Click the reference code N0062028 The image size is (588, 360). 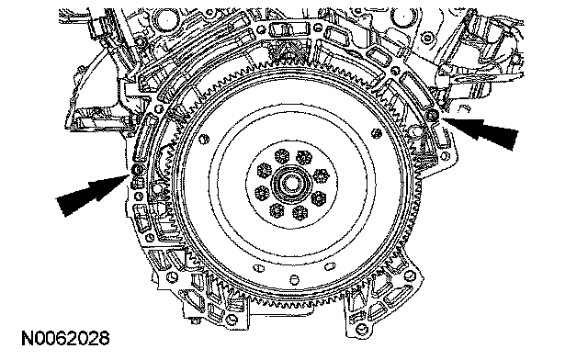(x=65, y=338)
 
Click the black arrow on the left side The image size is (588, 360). (x=93, y=195)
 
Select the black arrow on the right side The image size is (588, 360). (x=481, y=131)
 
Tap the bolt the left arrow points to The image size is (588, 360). (x=139, y=170)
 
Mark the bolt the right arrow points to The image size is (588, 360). (x=432, y=115)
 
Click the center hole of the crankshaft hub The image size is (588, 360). (x=291, y=184)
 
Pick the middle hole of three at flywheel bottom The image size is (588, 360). (x=294, y=280)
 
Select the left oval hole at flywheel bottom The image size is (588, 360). (x=259, y=268)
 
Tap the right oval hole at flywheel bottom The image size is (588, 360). (x=330, y=266)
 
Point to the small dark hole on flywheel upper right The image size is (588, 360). (x=376, y=133)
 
